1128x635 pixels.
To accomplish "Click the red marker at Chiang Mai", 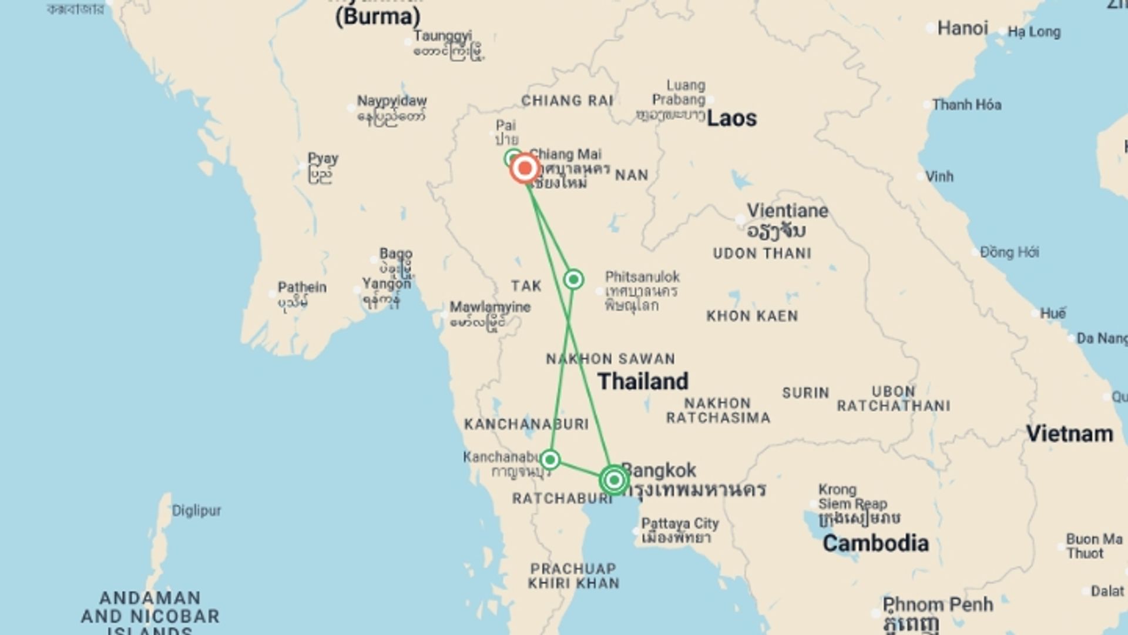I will click(525, 169).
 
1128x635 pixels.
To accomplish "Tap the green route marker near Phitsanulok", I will click(573, 279).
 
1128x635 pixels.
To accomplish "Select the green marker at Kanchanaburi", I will click(550, 459).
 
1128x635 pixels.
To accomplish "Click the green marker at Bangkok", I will click(614, 480).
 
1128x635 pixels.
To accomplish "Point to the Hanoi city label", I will click(962, 28).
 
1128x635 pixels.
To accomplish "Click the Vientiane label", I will click(787, 210).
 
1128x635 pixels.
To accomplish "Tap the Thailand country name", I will click(643, 381).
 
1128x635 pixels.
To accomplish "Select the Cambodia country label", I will click(875, 543).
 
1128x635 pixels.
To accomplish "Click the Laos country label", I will click(731, 118).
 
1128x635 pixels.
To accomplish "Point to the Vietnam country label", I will click(1069, 434).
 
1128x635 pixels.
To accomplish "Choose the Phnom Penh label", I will click(938, 604).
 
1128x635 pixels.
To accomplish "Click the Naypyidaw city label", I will click(392, 101).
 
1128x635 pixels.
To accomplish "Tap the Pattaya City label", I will click(680, 523).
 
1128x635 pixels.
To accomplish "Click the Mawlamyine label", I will click(490, 307).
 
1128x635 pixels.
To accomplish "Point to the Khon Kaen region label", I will click(752, 316).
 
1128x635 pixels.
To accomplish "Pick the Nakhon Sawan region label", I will click(610, 359).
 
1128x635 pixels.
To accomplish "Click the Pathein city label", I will click(302, 288).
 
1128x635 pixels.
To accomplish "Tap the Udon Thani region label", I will click(762, 253).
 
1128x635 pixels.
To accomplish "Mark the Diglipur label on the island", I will click(196, 510).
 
